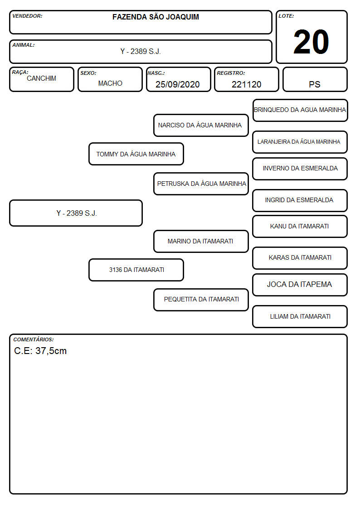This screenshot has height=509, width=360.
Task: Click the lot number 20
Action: tap(311, 42)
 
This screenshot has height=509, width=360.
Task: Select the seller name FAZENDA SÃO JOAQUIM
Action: tap(156, 17)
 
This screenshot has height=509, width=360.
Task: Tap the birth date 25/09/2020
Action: tap(178, 84)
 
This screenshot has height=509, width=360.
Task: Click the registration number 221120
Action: tap(246, 84)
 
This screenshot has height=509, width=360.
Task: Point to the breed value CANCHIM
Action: tap(41, 78)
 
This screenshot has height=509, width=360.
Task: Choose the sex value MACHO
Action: tap(110, 83)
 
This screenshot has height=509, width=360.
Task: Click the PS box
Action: tap(315, 79)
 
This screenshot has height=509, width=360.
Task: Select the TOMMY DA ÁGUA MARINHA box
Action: tap(136, 154)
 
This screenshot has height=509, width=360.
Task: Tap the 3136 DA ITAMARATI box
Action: tap(136, 270)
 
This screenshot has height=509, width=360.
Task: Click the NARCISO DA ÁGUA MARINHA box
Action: tap(201, 125)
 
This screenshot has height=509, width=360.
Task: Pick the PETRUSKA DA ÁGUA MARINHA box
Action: tap(201, 184)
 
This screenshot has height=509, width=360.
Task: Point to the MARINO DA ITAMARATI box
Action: tap(201, 241)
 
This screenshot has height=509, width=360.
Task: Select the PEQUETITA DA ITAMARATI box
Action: tap(201, 300)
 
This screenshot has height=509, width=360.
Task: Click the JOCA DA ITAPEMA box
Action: tap(300, 285)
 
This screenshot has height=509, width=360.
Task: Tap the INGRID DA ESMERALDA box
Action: tap(300, 200)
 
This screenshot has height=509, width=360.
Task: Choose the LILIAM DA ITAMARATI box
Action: tap(300, 316)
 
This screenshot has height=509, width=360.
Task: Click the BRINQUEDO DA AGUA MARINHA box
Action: tap(300, 111)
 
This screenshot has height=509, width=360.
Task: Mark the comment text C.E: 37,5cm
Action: tap(40, 351)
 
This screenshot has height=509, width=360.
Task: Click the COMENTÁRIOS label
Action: tap(34, 339)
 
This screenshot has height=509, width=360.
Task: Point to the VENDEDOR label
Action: tap(27, 16)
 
